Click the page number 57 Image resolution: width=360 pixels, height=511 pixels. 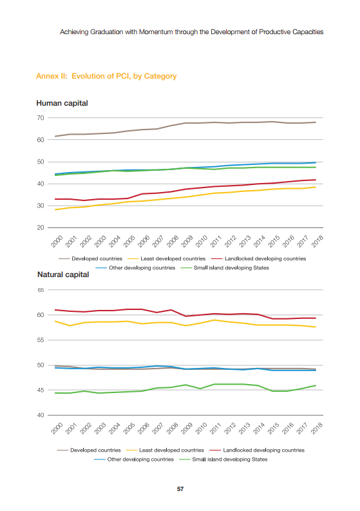(180, 489)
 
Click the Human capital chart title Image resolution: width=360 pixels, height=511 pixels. (62, 103)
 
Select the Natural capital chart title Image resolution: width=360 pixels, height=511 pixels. (63, 275)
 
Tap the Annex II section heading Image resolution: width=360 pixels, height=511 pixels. (106, 76)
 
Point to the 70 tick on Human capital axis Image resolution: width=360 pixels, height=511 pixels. (41, 118)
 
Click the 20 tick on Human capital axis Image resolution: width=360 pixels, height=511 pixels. (41, 228)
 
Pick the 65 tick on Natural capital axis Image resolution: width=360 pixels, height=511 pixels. (41, 290)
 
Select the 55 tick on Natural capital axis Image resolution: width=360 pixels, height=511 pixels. (41, 340)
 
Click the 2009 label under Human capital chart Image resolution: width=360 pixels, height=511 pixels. (187, 241)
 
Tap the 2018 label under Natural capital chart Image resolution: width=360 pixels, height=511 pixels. (317, 429)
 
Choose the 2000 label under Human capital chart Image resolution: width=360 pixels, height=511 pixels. (57, 241)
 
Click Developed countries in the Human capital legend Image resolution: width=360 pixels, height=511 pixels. (97, 259)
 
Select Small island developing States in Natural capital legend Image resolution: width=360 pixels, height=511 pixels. (230, 459)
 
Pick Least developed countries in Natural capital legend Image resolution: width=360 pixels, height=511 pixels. (171, 450)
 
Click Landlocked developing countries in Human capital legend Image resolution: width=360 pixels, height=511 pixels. (265, 259)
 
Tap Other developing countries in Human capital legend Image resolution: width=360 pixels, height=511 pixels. (142, 268)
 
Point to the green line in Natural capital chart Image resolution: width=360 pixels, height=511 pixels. (185, 385)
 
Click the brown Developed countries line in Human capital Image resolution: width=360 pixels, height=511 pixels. (185, 123)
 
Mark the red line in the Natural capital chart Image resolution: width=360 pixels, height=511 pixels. (185, 316)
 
